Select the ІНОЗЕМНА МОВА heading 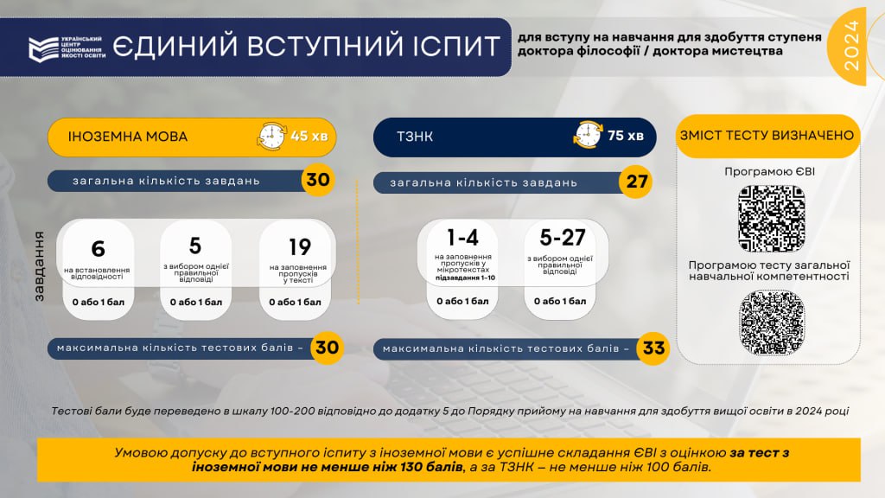pos(128,137)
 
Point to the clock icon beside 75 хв pos(588,135)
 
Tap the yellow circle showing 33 pos(653,348)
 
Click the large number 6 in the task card pos(98,249)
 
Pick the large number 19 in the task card pos(299,247)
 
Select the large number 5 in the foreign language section pos(195,246)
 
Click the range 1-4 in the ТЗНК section pos(462,238)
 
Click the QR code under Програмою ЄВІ pos(772,217)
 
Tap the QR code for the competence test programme pos(772,322)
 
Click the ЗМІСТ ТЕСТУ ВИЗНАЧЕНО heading pos(767,136)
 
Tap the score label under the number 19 pos(295,302)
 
